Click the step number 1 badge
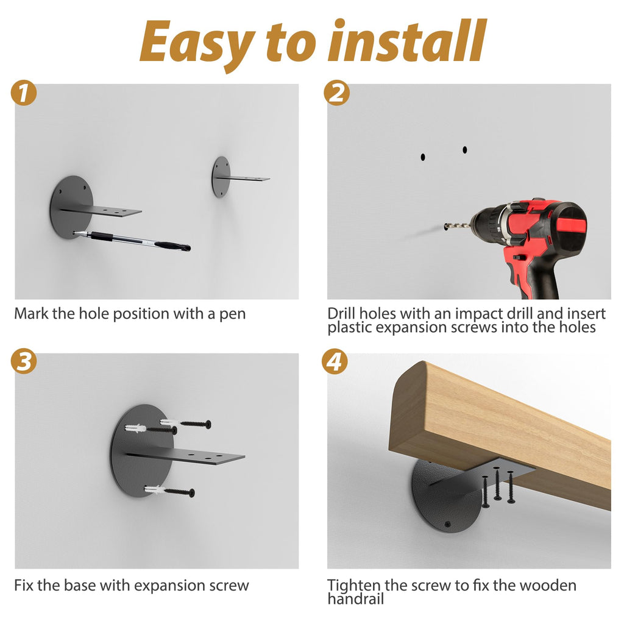(24, 93)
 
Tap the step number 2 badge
(336, 93)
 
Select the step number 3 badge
(24, 361)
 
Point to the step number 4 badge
(335, 361)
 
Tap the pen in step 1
(132, 240)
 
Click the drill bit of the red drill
(458, 227)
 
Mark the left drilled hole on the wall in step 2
(423, 157)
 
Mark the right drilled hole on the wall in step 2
(465, 150)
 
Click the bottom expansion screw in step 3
(170, 491)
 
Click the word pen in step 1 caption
(232, 314)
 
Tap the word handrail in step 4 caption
(356, 598)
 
